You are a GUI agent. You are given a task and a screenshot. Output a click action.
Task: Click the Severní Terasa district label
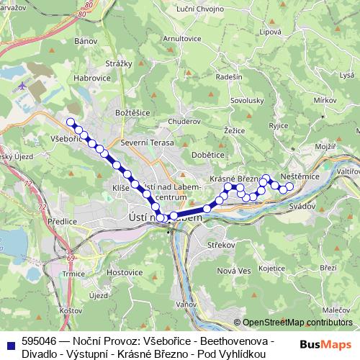tap(148, 143)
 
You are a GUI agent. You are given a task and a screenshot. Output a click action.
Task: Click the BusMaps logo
tap(326, 344)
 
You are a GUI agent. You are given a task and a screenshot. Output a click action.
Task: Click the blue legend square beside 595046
tap(10, 344)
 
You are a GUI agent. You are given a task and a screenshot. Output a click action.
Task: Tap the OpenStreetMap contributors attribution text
tap(297, 322)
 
